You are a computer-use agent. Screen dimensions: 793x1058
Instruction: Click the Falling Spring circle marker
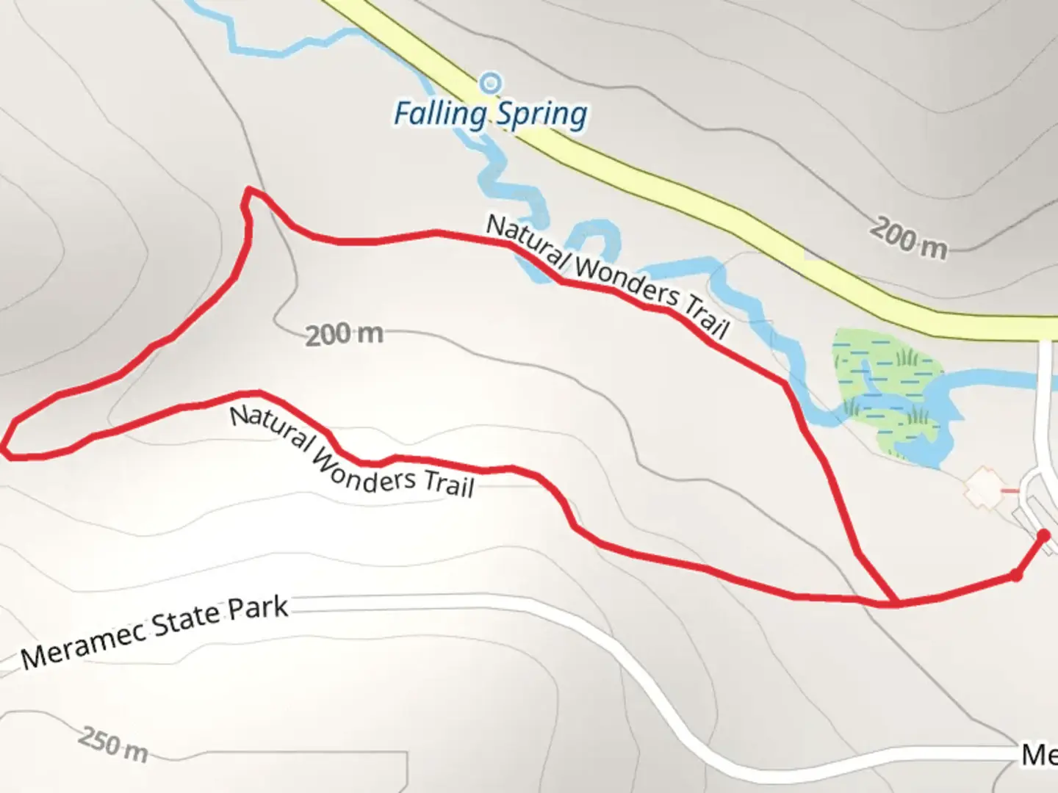[491, 83]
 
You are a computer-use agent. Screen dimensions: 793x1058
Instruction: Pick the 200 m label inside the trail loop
[344, 335]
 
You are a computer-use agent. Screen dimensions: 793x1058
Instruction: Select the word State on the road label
[184, 623]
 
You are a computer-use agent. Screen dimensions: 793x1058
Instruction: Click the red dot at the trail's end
[1043, 535]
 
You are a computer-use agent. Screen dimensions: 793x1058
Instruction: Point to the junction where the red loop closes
[896, 603]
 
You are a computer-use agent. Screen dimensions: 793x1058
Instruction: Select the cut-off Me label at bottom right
[1039, 755]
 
